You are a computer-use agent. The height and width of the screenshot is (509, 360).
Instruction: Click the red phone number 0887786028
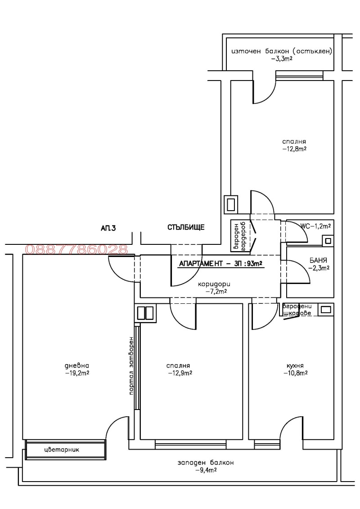tap(77, 249)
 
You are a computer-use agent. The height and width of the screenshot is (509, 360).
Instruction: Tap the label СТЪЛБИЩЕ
tap(186, 227)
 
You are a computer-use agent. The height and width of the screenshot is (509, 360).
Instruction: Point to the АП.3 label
tap(108, 229)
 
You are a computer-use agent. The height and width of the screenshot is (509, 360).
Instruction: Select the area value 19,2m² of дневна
tap(77, 373)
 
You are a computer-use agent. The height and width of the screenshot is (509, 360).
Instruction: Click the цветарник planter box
tap(65, 449)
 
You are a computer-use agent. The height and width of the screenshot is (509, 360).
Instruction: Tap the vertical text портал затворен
tap(131, 365)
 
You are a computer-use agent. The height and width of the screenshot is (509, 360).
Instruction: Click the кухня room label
tap(295, 366)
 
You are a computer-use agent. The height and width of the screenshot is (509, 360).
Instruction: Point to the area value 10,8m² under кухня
tap(295, 373)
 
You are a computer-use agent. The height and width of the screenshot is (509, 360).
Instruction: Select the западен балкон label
tap(206, 463)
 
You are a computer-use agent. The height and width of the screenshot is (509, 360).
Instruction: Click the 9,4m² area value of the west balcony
tap(206, 470)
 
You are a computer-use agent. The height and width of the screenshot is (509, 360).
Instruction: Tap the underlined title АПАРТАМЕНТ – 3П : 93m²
tap(220, 264)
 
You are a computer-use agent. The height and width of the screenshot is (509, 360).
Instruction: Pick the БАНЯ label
tap(318, 261)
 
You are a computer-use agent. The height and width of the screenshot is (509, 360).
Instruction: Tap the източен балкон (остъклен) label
tap(282, 51)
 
